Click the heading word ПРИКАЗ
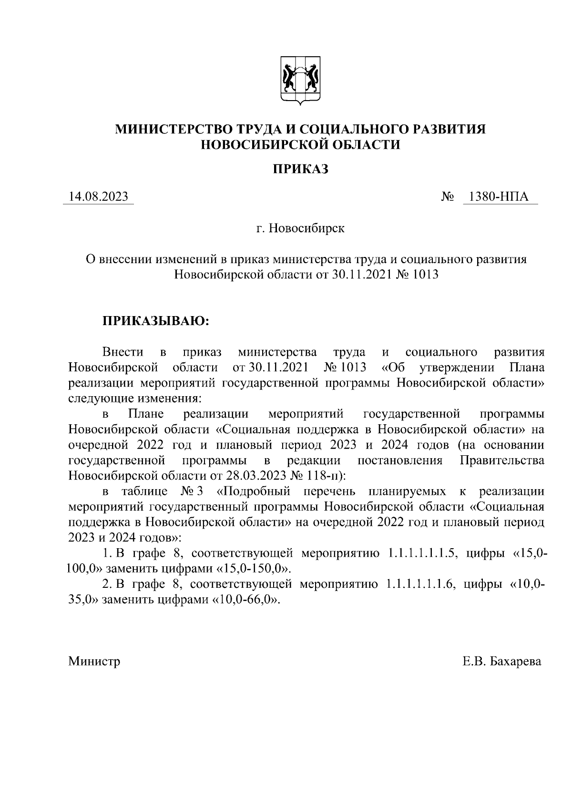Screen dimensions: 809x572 pos(300,169)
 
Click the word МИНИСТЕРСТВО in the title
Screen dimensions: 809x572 pos(171,129)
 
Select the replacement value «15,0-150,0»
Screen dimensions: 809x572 pos(253,569)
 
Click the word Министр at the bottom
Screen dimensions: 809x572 pos(94,662)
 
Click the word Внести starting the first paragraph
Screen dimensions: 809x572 pos(123,352)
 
